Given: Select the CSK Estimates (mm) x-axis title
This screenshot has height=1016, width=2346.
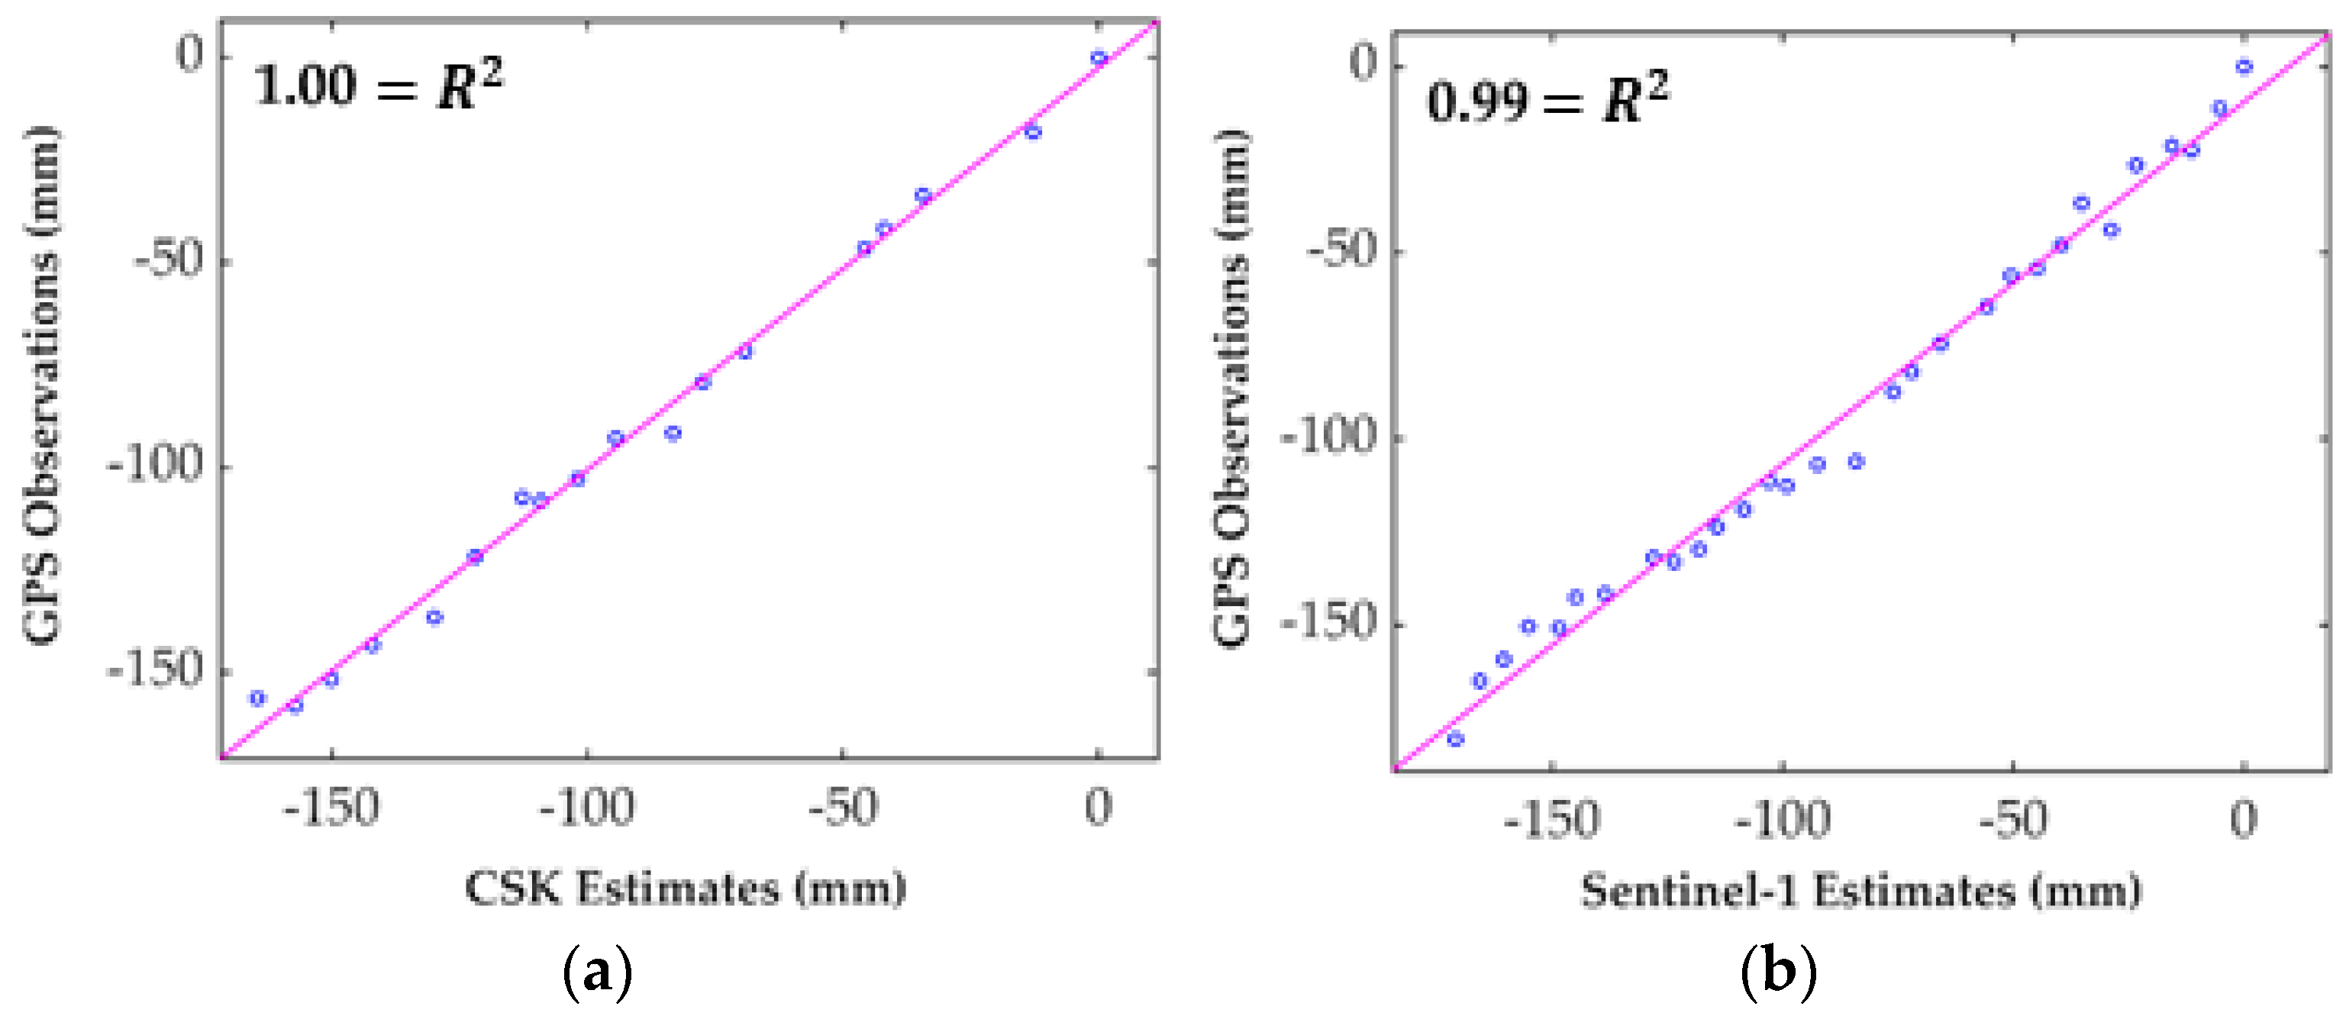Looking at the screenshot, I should point(686,888).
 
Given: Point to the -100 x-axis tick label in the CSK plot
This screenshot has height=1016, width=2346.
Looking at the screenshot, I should point(586,808).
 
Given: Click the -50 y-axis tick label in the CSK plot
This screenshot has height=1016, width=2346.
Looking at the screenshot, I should point(169,261).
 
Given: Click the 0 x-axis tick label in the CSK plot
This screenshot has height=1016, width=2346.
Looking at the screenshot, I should point(1099,808).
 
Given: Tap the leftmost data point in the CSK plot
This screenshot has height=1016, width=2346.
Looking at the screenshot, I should point(258,698).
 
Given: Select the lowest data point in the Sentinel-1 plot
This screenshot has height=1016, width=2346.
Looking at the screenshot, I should point(1455,739).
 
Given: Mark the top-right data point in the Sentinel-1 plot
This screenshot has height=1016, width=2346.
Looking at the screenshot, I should point(2244,66).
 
